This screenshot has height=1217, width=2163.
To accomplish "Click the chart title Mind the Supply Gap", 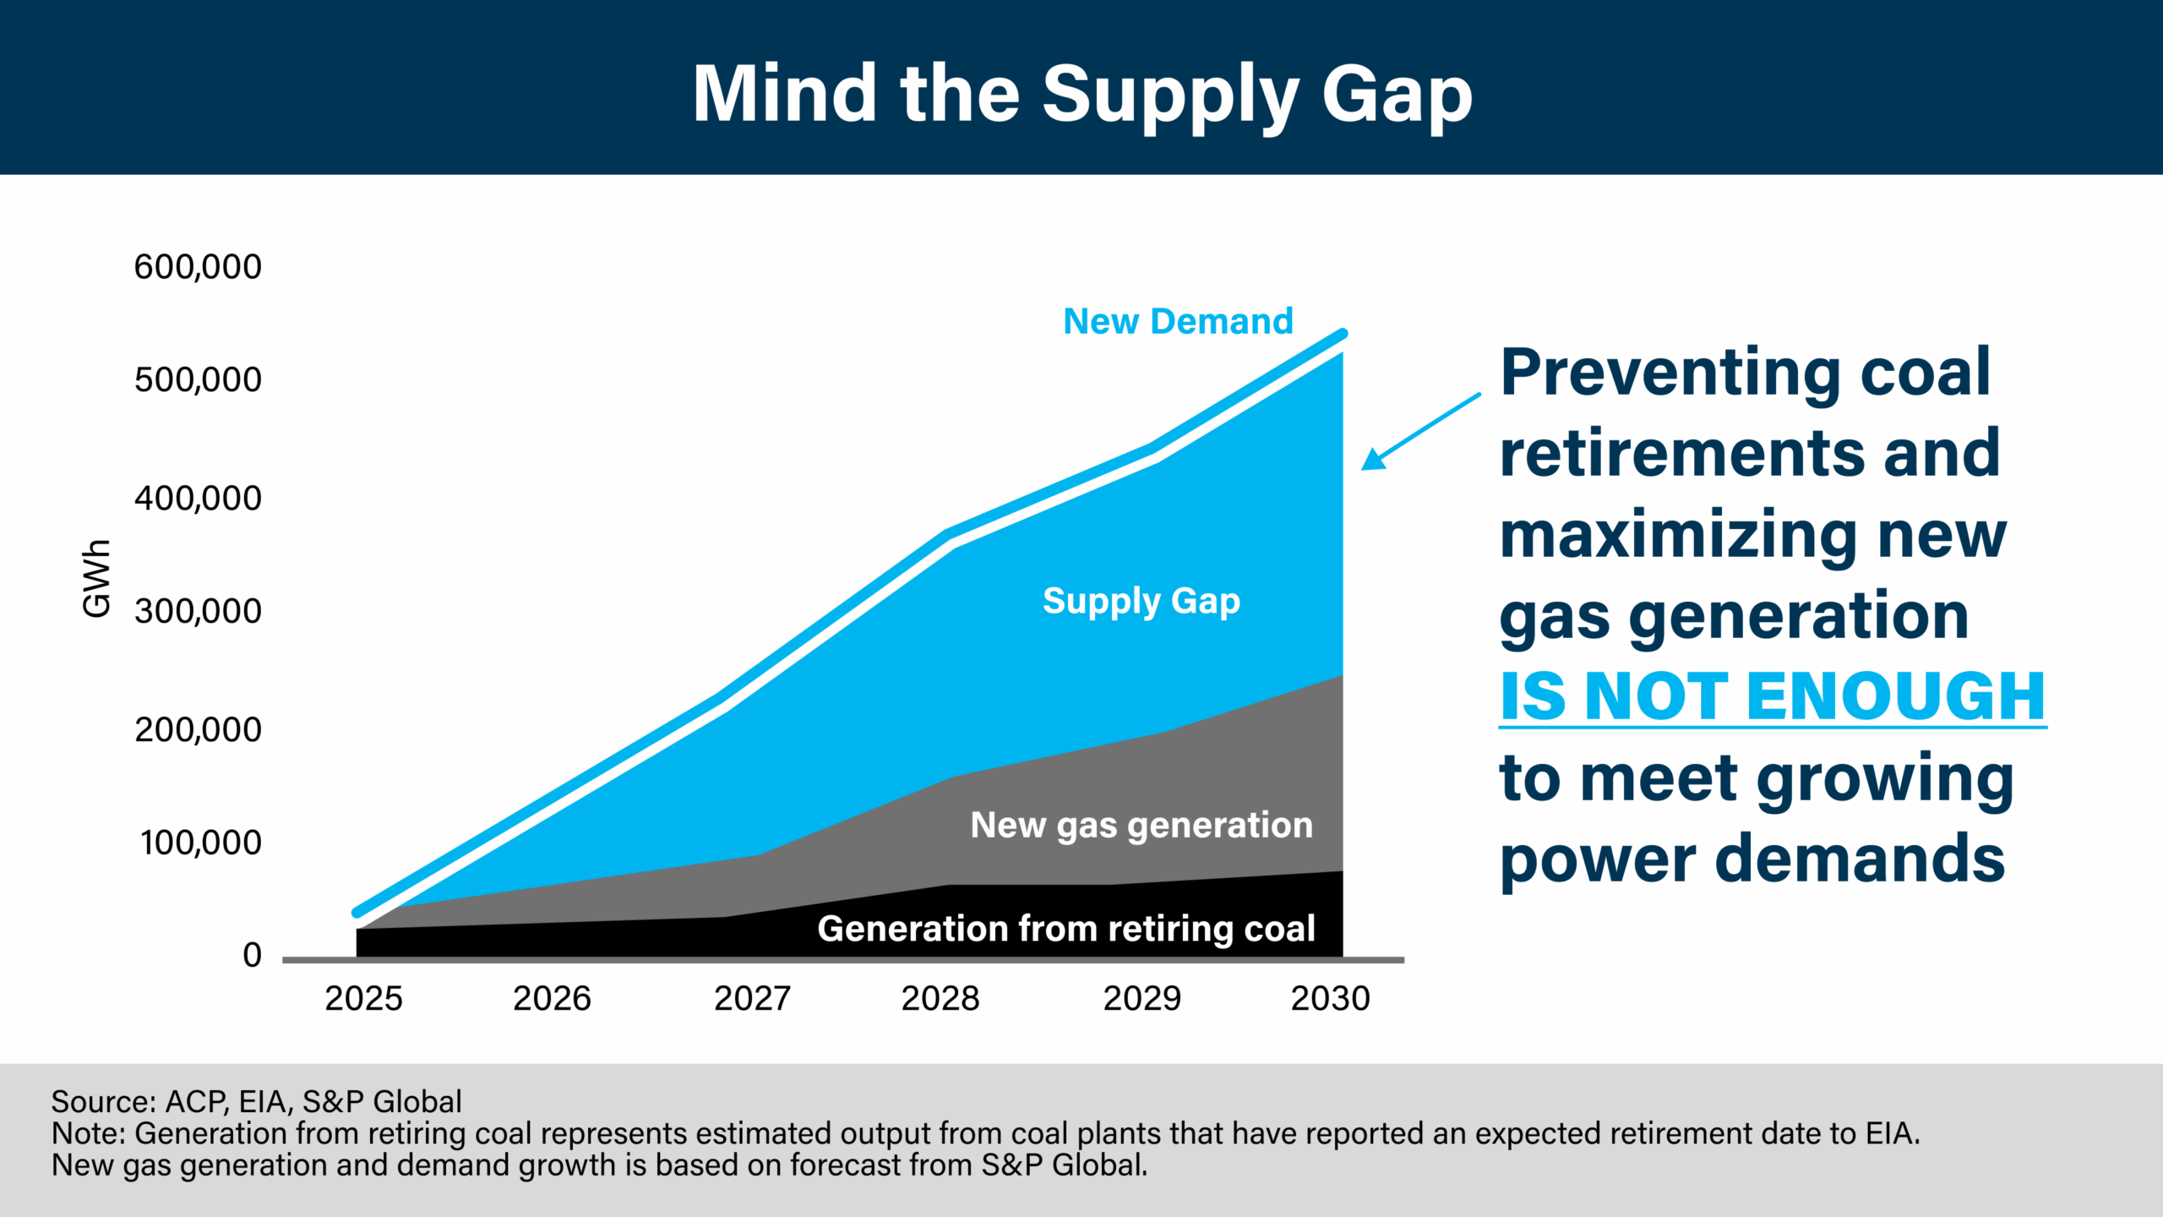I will [x=1082, y=95].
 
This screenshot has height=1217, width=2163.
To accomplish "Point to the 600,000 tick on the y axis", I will [x=198, y=267].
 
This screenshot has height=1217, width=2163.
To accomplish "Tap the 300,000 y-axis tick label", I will [x=198, y=611].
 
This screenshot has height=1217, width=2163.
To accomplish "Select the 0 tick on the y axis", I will [x=252, y=955].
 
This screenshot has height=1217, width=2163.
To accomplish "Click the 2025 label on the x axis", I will [x=363, y=999].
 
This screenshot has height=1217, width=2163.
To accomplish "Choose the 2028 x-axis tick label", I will [x=940, y=999].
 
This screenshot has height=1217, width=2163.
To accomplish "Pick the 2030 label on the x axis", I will [x=1330, y=999].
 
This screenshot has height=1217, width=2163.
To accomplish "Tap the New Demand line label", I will [x=1178, y=322].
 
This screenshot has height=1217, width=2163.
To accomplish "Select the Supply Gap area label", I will [x=1141, y=602].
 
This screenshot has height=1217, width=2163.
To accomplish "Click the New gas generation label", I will [x=1141, y=826].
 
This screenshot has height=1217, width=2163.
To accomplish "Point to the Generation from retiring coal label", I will [x=1066, y=929].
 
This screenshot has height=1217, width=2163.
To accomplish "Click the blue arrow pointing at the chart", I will [x=1419, y=431].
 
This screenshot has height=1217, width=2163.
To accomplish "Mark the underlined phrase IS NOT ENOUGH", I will [x=1772, y=697].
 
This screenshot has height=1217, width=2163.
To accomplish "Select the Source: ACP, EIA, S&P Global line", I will [x=257, y=1102].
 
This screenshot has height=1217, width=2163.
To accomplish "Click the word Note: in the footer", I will [x=89, y=1133].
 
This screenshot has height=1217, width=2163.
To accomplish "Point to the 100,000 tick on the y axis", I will [x=201, y=843].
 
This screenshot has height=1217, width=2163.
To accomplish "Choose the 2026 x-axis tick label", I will [x=552, y=999].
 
